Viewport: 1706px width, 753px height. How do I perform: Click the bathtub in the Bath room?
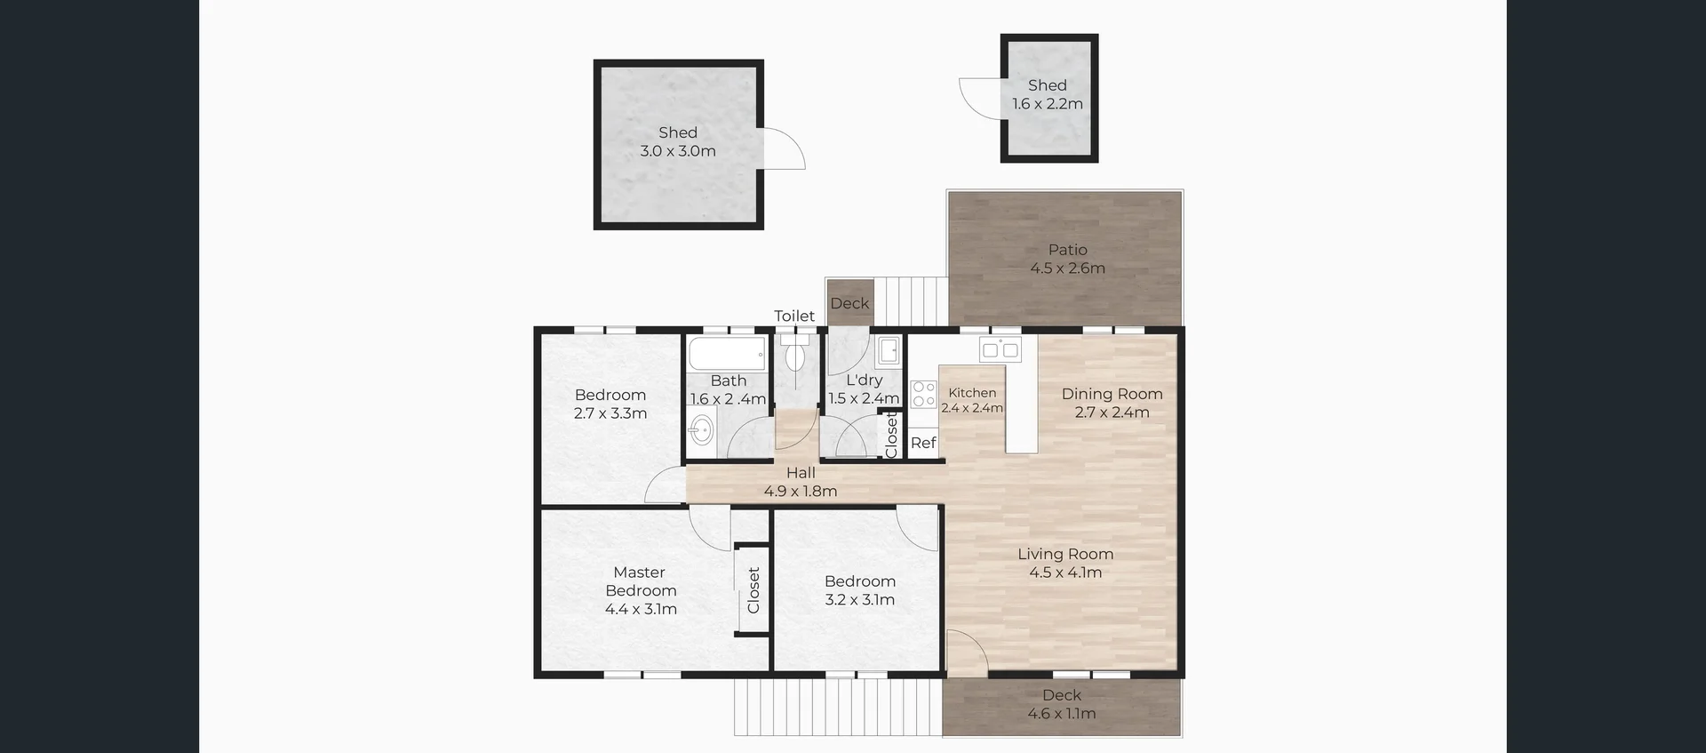[727, 355]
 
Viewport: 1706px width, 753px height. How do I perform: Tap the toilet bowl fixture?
[795, 356]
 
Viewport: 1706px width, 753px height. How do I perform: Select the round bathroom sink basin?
[701, 431]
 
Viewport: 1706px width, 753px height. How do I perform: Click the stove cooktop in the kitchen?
[923, 394]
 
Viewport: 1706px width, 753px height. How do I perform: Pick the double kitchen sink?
[1000, 350]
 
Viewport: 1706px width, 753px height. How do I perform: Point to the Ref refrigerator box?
[923, 443]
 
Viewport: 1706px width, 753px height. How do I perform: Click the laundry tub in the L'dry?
[888, 352]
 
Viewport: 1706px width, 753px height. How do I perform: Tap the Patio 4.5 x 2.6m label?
[1067, 259]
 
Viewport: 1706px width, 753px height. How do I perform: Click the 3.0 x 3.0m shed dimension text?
[678, 151]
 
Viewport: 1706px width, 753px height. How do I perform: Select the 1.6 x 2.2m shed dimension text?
[1048, 104]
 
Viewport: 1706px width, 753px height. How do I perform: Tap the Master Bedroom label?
[640, 581]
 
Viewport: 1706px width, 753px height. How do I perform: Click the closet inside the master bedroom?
[753, 590]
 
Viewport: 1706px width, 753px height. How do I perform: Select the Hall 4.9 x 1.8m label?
[801, 482]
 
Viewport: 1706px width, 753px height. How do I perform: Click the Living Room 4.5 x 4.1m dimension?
[1065, 573]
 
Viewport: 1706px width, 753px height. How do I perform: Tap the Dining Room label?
[1112, 394]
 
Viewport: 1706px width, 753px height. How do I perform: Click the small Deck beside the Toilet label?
[849, 303]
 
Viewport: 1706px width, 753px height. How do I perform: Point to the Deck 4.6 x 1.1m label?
[1062, 704]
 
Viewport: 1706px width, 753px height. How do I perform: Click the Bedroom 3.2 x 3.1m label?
[859, 590]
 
